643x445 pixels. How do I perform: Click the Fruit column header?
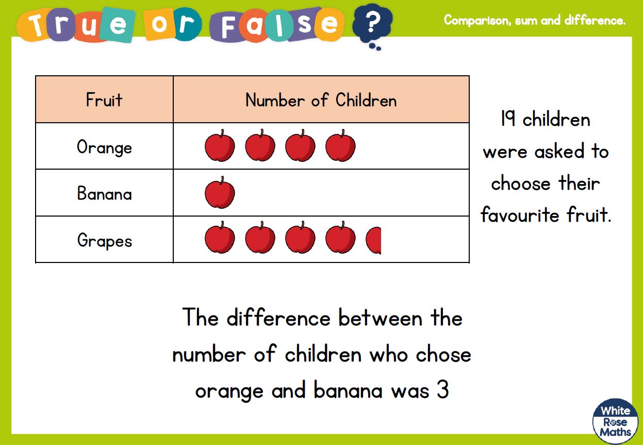[x=104, y=100]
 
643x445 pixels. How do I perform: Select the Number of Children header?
[x=321, y=100]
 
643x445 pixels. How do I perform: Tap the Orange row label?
[x=105, y=147]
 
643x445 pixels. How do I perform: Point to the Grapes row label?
[x=105, y=241]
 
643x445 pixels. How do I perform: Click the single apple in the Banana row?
[x=220, y=192]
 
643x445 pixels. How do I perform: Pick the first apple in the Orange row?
[x=220, y=145]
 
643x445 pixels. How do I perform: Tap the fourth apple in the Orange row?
[x=340, y=145]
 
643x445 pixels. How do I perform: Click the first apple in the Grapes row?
[x=220, y=237]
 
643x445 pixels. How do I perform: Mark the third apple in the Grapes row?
[x=300, y=237]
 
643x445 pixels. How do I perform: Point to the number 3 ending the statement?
[x=443, y=389]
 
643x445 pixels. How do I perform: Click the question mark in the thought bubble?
[x=372, y=22]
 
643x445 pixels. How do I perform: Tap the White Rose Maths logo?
[x=615, y=421]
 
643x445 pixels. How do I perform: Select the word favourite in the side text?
[x=520, y=215]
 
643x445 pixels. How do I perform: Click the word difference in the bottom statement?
[x=278, y=318]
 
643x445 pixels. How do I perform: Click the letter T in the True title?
[x=36, y=25]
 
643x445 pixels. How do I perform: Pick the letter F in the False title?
[x=228, y=27]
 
